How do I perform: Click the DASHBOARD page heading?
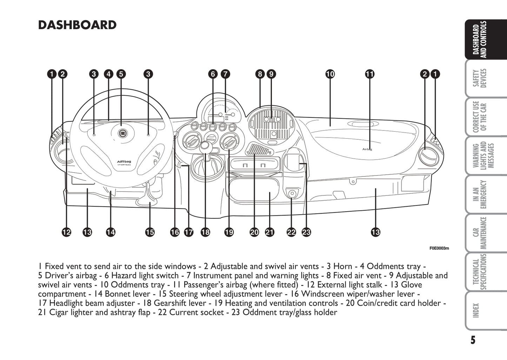point(77,25)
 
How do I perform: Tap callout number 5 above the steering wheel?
point(121,74)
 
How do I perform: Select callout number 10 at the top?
point(330,74)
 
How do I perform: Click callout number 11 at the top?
point(370,74)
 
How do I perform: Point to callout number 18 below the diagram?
point(205,232)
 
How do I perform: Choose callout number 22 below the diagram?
point(291,232)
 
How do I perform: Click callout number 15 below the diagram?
point(150,232)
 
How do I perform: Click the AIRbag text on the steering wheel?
point(124,162)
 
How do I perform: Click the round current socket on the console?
point(292,193)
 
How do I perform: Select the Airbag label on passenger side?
point(367,149)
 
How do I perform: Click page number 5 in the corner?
point(473,340)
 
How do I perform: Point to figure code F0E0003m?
point(439,248)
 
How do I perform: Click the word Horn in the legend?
point(342,266)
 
